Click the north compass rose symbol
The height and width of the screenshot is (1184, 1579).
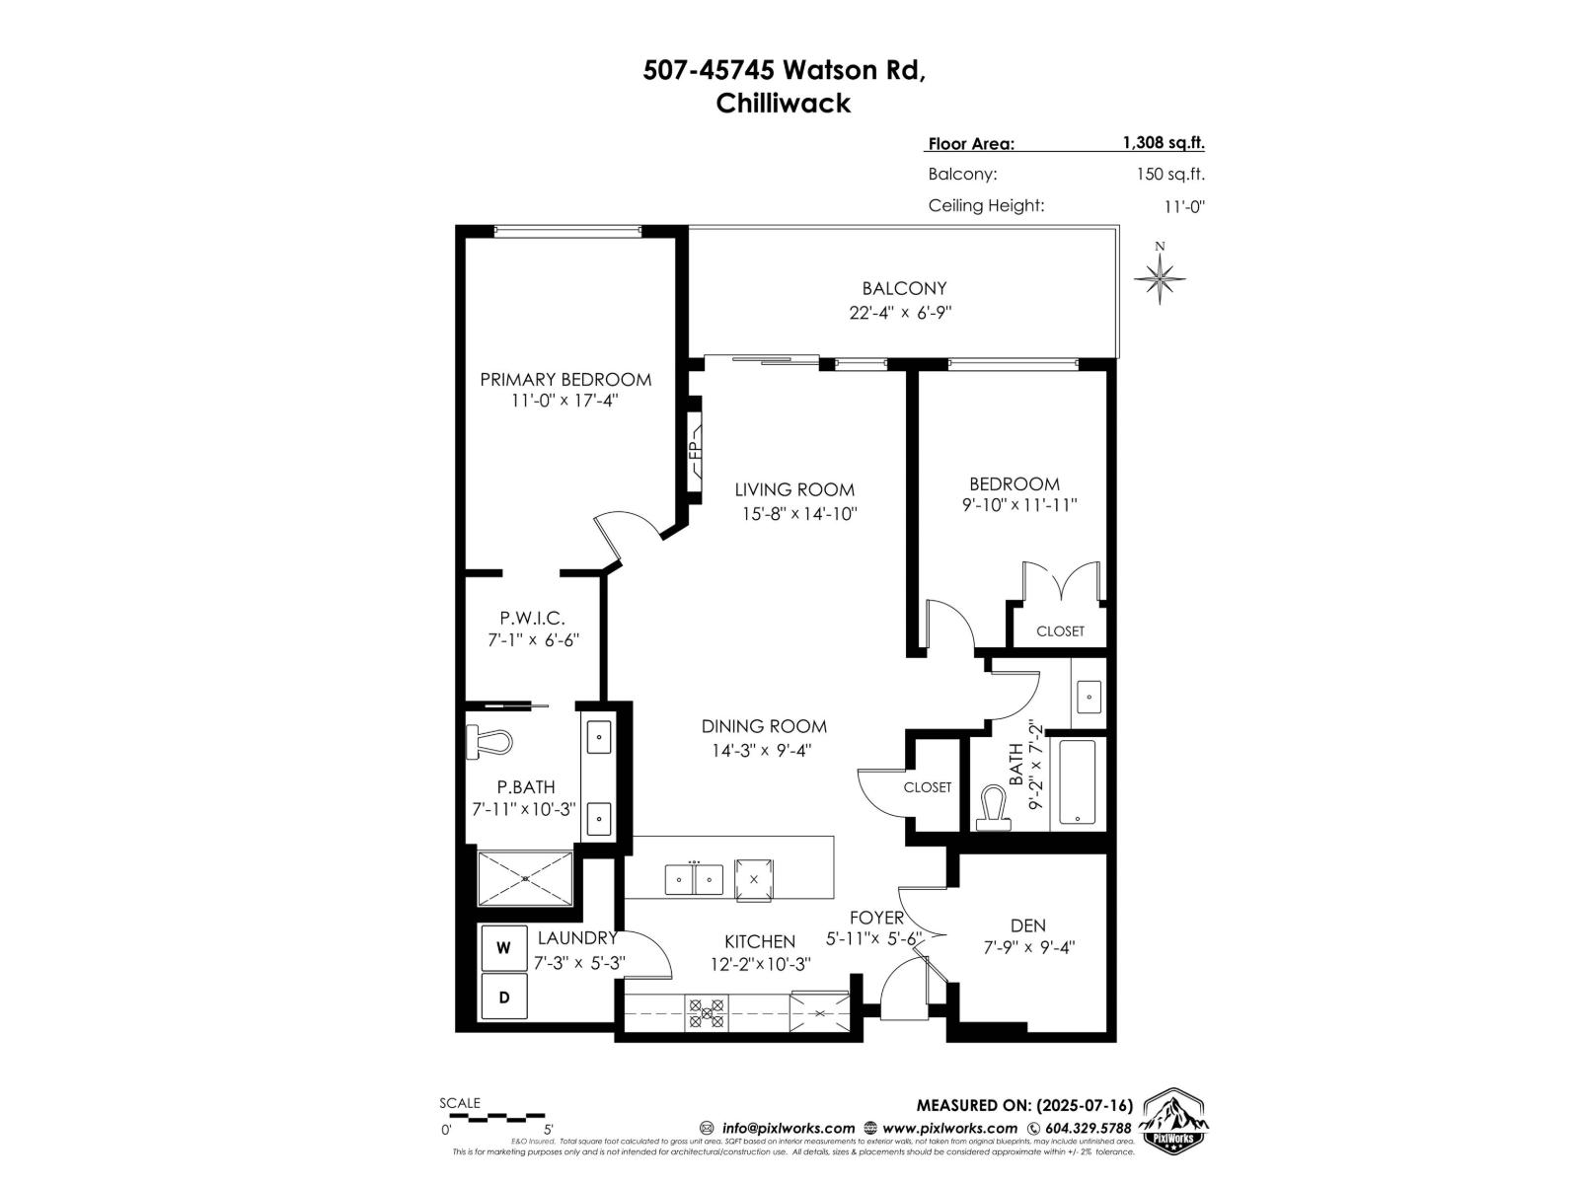pyautogui.click(x=1160, y=277)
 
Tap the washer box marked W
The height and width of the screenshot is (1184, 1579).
pyautogui.click(x=503, y=948)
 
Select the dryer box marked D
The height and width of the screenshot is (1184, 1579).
pyautogui.click(x=503, y=998)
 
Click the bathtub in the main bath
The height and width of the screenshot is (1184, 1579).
pyautogui.click(x=1077, y=782)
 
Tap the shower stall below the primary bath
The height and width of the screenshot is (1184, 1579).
pyautogui.click(x=525, y=877)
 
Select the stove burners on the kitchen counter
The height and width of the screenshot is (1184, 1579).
pyautogui.click(x=707, y=1013)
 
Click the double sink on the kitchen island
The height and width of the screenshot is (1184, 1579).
pyautogui.click(x=694, y=878)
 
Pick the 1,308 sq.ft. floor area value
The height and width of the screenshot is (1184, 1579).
pyautogui.click(x=1163, y=142)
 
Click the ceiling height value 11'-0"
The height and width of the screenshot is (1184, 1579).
pyautogui.click(x=1183, y=206)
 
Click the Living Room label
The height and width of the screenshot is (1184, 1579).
pyautogui.click(x=794, y=489)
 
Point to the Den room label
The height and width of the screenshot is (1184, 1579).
pyautogui.click(x=1027, y=925)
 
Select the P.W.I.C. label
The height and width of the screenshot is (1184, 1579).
pyautogui.click(x=532, y=618)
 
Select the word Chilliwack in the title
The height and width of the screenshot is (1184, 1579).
pyautogui.click(x=783, y=104)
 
